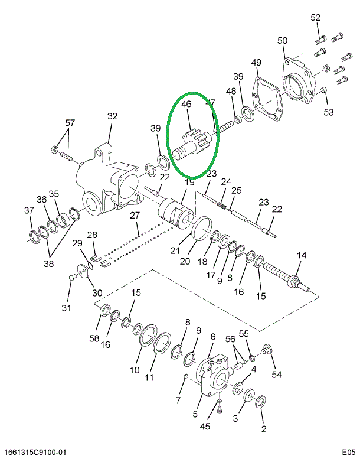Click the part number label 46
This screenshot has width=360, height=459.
pyautogui.click(x=186, y=104)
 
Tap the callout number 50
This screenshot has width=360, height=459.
pyautogui.click(x=283, y=41)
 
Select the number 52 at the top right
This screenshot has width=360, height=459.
pyautogui.click(x=316, y=18)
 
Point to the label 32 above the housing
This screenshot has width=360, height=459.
pyautogui.click(x=112, y=116)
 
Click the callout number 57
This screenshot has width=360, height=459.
pyautogui.click(x=70, y=123)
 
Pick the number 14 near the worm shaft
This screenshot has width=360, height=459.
pyautogui.click(x=302, y=255)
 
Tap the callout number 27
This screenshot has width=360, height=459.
pyautogui.click(x=135, y=214)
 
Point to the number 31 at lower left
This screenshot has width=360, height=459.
pyautogui.click(x=66, y=308)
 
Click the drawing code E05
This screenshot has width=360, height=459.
pyautogui.click(x=348, y=453)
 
